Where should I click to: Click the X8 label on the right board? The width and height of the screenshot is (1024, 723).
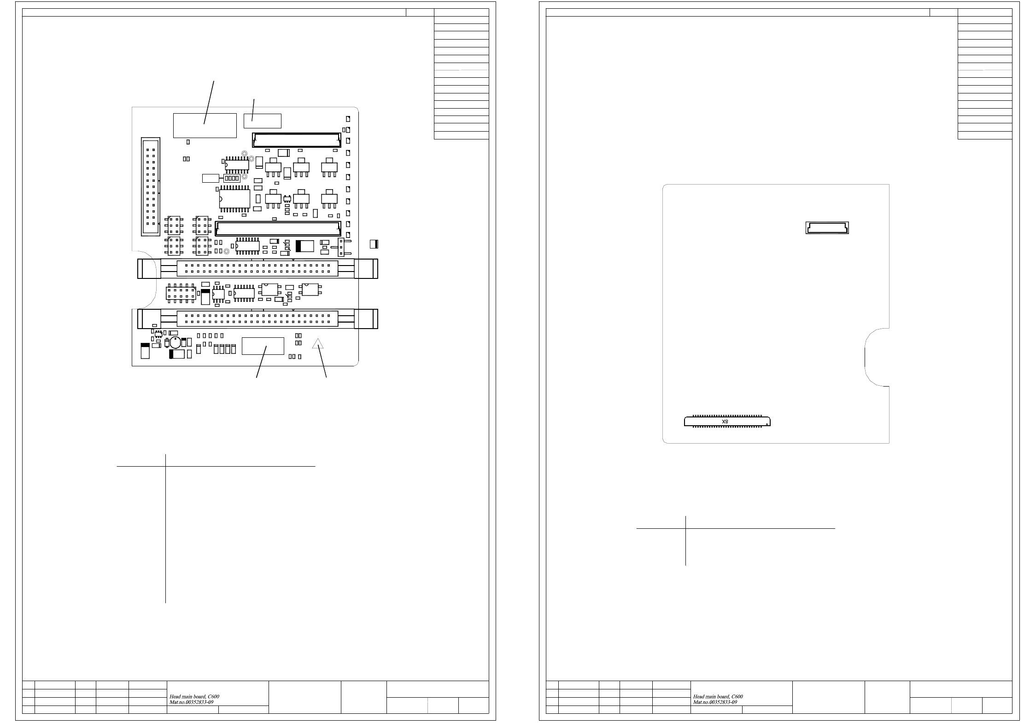[x=725, y=422]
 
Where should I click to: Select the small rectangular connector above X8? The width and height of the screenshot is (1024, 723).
[x=827, y=228]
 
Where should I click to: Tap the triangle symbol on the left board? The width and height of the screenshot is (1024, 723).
[x=318, y=343]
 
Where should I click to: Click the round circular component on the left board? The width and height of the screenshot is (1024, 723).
[x=176, y=342]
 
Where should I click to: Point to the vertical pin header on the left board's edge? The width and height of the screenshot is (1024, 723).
[x=151, y=187]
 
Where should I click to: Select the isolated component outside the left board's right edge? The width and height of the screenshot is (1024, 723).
[x=374, y=244]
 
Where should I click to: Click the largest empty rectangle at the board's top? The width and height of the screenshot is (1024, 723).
[x=205, y=125]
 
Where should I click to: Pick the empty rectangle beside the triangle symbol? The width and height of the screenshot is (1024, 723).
[x=263, y=346]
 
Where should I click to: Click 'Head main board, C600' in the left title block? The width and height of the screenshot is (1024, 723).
[x=194, y=697]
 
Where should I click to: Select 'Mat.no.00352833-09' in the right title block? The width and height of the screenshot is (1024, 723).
[x=715, y=702]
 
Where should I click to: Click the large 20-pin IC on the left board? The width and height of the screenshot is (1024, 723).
[x=234, y=199]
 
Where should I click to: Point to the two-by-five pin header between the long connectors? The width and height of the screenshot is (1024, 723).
[x=181, y=293]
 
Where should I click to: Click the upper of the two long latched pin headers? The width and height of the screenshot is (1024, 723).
[x=257, y=269]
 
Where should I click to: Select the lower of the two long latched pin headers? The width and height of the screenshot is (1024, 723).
[x=257, y=318]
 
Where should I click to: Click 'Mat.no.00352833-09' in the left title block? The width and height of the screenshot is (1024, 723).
[x=192, y=702]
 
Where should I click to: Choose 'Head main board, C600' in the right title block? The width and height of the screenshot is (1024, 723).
[x=718, y=697]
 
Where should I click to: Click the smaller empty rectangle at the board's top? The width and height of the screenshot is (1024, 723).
[x=262, y=121]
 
